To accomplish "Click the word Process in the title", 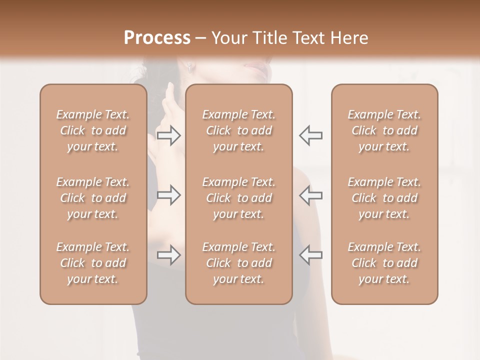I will point(157,38).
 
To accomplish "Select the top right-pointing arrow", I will point(169,135).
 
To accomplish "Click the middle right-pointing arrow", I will point(169,195).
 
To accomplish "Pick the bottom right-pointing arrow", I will point(169,255).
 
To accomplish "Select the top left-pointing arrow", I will point(310,135).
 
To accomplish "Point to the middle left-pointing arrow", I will point(310,195).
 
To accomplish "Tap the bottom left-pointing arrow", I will point(310,255).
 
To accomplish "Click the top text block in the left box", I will point(93,130).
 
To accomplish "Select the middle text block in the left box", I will point(93,198).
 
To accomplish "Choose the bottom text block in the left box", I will point(93,263).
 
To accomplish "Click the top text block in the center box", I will point(238,130).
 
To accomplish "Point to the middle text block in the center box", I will point(238,198).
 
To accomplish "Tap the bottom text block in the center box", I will point(238,263).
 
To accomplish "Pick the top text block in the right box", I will point(384,130).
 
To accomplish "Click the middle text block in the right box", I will point(384,198).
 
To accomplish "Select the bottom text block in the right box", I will point(384,263).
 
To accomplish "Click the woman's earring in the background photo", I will point(190,68).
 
